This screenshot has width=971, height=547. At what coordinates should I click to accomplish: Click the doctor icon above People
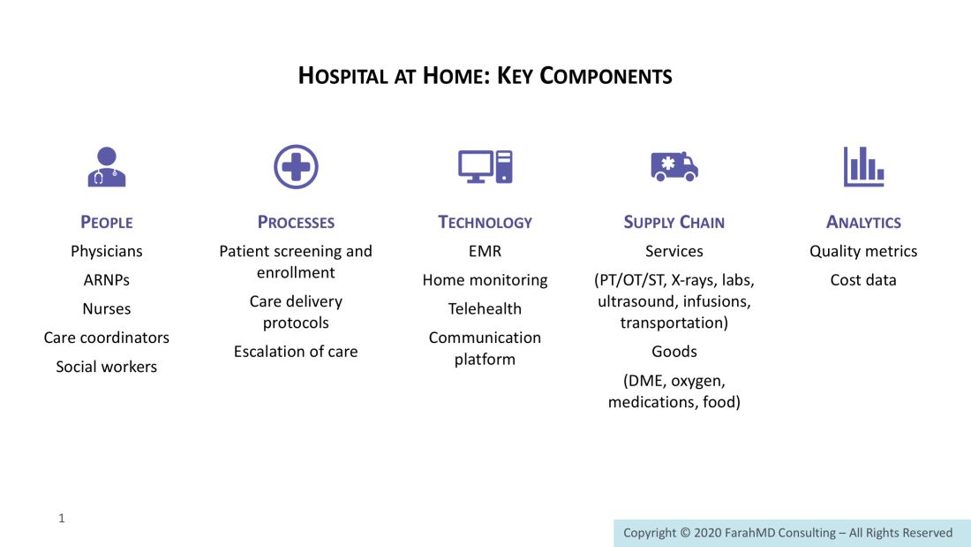pos(107,167)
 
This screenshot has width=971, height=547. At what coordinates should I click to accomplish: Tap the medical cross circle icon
pos(296,167)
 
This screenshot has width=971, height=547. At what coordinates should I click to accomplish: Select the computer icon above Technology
pos(485,167)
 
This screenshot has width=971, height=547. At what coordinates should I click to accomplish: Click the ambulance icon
pos(674,166)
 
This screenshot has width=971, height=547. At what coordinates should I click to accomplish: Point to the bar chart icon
pos(864,167)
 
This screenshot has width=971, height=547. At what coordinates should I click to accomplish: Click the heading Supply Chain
pos(674,222)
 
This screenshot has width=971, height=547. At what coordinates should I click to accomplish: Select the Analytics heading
pos(863,222)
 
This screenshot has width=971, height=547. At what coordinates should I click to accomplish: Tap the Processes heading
pos(296,222)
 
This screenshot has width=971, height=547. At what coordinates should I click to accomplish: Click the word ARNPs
pos(107,280)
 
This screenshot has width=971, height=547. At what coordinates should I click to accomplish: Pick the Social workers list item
pos(107,367)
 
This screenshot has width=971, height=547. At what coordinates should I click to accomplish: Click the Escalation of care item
pos(296,352)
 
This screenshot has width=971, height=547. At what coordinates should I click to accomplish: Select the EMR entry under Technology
pos(485,251)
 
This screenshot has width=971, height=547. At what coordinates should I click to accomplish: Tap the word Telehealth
pos(485,309)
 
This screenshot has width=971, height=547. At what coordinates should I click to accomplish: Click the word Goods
pos(674,352)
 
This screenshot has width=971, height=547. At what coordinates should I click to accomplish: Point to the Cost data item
pos(863,280)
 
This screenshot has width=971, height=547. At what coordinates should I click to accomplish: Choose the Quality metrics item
pos(863,251)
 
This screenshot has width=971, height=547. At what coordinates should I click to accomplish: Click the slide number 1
pos(61,518)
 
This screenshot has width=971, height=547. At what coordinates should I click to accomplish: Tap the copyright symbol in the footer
pos(685,533)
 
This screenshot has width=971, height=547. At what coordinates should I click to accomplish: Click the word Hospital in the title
pos(342,76)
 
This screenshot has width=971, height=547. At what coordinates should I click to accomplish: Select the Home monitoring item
pos(485,280)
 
